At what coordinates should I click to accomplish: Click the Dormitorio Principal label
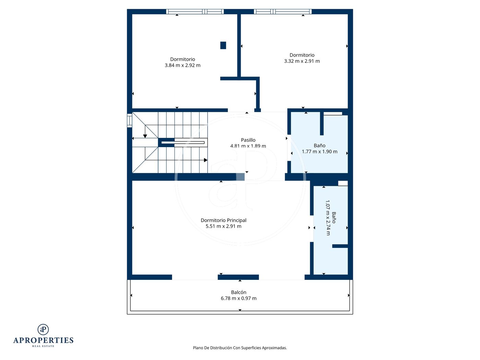223,220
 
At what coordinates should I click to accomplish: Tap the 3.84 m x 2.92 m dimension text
182,65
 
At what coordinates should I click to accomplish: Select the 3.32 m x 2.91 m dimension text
302,61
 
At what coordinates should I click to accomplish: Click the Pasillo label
248,140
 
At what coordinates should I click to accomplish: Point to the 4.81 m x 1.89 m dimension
248,146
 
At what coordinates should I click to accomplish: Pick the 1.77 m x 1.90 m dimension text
320,152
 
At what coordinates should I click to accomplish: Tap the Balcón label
239,292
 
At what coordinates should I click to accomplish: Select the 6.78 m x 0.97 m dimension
239,298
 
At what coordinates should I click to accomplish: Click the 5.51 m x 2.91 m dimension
223,226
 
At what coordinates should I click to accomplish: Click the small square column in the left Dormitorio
223,45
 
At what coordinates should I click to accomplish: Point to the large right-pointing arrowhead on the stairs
206,160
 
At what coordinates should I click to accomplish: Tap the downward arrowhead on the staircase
145,136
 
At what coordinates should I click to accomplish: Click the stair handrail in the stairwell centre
183,143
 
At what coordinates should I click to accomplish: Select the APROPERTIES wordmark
43,340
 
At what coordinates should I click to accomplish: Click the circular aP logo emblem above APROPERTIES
43,329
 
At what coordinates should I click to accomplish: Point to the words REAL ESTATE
43,346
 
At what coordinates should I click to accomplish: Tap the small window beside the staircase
130,120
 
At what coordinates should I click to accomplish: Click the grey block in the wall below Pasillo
240,177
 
